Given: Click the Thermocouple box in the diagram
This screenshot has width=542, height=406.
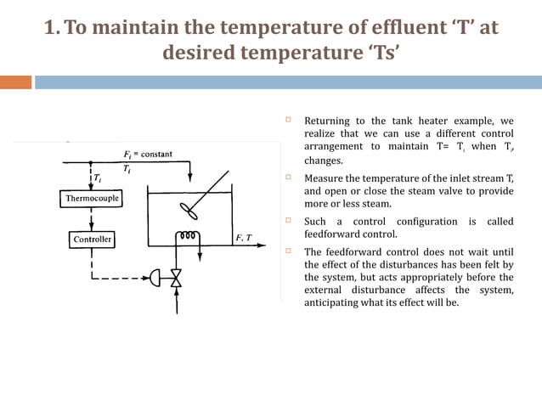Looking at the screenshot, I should [93, 199].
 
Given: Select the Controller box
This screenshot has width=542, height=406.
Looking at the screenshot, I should [93, 240].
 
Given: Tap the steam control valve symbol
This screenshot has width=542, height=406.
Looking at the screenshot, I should [177, 278].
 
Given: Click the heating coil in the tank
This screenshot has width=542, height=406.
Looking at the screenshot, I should [189, 235].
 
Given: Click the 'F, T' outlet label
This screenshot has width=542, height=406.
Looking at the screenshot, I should [243, 239].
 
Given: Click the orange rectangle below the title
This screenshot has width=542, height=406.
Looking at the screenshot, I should [15, 82].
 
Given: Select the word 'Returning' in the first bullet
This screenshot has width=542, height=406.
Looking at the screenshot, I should [328, 121].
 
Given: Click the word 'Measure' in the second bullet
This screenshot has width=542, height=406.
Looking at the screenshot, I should [325, 178].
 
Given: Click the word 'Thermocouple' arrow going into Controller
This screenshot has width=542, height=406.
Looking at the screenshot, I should [92, 219].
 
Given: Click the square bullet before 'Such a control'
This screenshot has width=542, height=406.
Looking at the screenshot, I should [289, 221].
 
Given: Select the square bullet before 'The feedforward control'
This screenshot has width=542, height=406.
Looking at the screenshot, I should [289, 251].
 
